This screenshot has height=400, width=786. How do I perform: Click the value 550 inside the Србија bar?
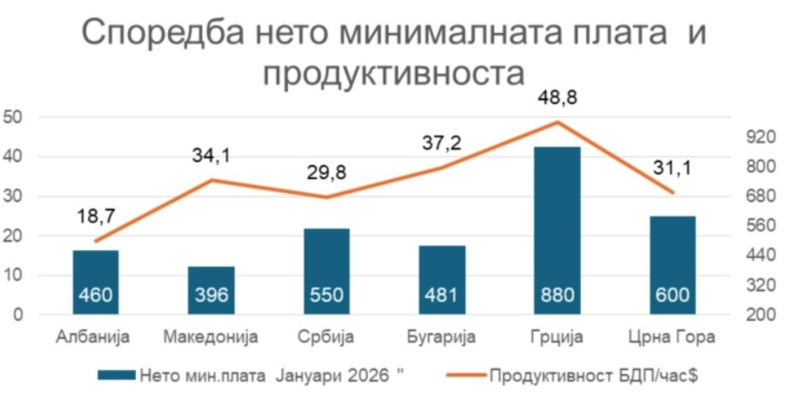pyautogui.click(x=327, y=295)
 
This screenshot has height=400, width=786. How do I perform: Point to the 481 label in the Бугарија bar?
pyautogui.click(x=442, y=295)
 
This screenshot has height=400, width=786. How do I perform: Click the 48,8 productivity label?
pyautogui.click(x=557, y=98)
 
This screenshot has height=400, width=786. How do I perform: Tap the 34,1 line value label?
pyautogui.click(x=211, y=157)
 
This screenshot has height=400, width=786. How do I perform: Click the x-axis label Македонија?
pyautogui.click(x=211, y=337)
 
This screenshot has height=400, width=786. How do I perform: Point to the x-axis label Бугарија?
pyautogui.click(x=441, y=337)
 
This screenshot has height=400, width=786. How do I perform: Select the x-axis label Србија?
pyautogui.click(x=327, y=337)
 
